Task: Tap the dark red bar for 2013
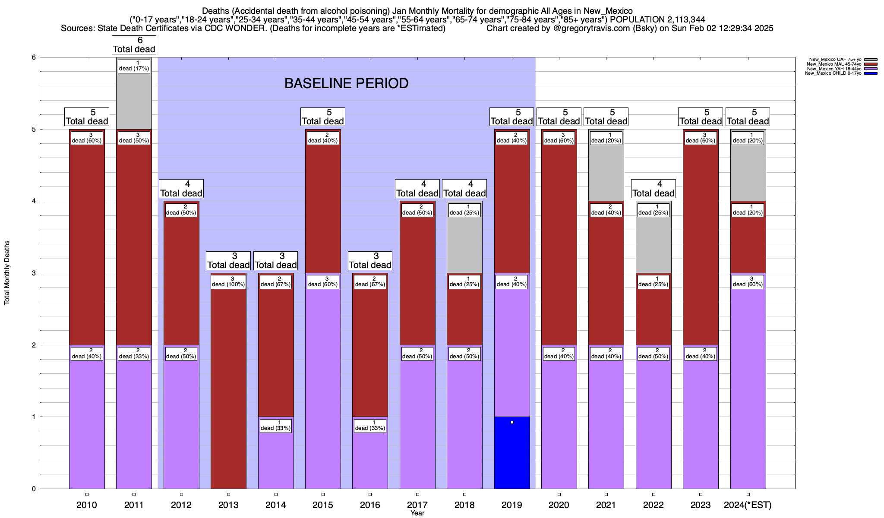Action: pyautogui.click(x=228, y=388)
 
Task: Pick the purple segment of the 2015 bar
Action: pyautogui.click(x=323, y=388)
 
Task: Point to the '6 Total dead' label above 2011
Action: pyautogui.click(x=134, y=45)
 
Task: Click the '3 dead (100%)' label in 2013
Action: pyautogui.click(x=228, y=281)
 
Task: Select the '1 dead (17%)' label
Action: pyautogui.click(x=134, y=66)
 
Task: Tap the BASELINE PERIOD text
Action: pyautogui.click(x=346, y=83)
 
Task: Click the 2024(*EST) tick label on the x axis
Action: pyautogui.click(x=748, y=505)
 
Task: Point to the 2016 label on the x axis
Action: pyautogui.click(x=370, y=505)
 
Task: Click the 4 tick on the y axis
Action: pyautogui.click(x=33, y=201)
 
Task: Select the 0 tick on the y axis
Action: pyautogui.click(x=33, y=489)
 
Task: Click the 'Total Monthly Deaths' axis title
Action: pyautogui.click(x=7, y=273)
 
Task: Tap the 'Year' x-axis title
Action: pyautogui.click(x=417, y=513)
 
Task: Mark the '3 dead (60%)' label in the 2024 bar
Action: pyautogui.click(x=748, y=281)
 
